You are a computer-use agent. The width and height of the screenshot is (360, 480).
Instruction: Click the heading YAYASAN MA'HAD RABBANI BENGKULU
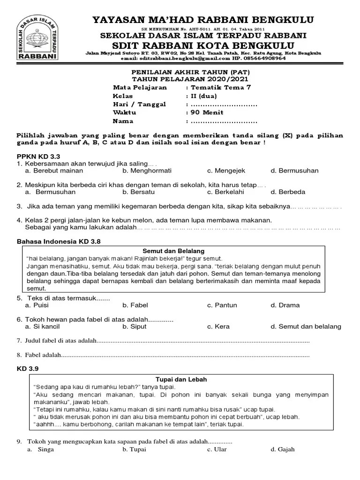(203, 19)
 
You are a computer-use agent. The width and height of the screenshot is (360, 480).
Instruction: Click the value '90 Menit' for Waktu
(206, 112)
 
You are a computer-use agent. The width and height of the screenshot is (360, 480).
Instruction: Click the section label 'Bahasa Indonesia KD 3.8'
(59, 241)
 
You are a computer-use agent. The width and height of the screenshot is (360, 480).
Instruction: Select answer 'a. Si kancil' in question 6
(43, 326)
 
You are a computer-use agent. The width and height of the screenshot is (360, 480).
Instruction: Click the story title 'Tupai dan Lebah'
(180, 379)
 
